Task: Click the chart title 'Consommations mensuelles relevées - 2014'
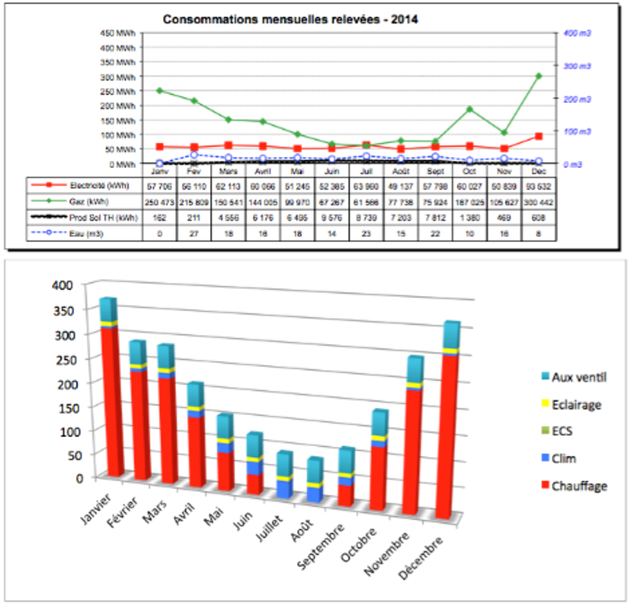click(290, 19)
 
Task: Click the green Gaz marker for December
click(539, 76)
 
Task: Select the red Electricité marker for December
click(539, 136)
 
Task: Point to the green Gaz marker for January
click(159, 91)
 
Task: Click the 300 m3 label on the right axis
click(577, 66)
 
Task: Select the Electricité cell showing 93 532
click(539, 185)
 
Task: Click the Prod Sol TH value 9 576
click(332, 217)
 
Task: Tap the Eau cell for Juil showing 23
click(366, 233)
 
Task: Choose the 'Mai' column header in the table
click(297, 171)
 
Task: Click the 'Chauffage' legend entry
click(579, 486)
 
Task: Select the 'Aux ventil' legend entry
click(579, 377)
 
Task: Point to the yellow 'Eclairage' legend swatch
click(545, 404)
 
